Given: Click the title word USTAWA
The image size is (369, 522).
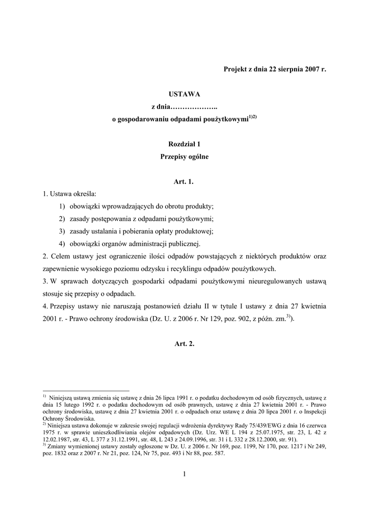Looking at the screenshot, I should (x=184, y=94).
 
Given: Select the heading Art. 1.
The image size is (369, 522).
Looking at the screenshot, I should (x=184, y=181).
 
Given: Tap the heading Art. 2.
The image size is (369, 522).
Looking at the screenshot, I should (x=184, y=344).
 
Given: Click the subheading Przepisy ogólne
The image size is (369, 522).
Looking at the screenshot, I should (x=184, y=157).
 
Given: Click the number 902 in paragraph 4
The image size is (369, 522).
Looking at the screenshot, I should (x=241, y=319).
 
